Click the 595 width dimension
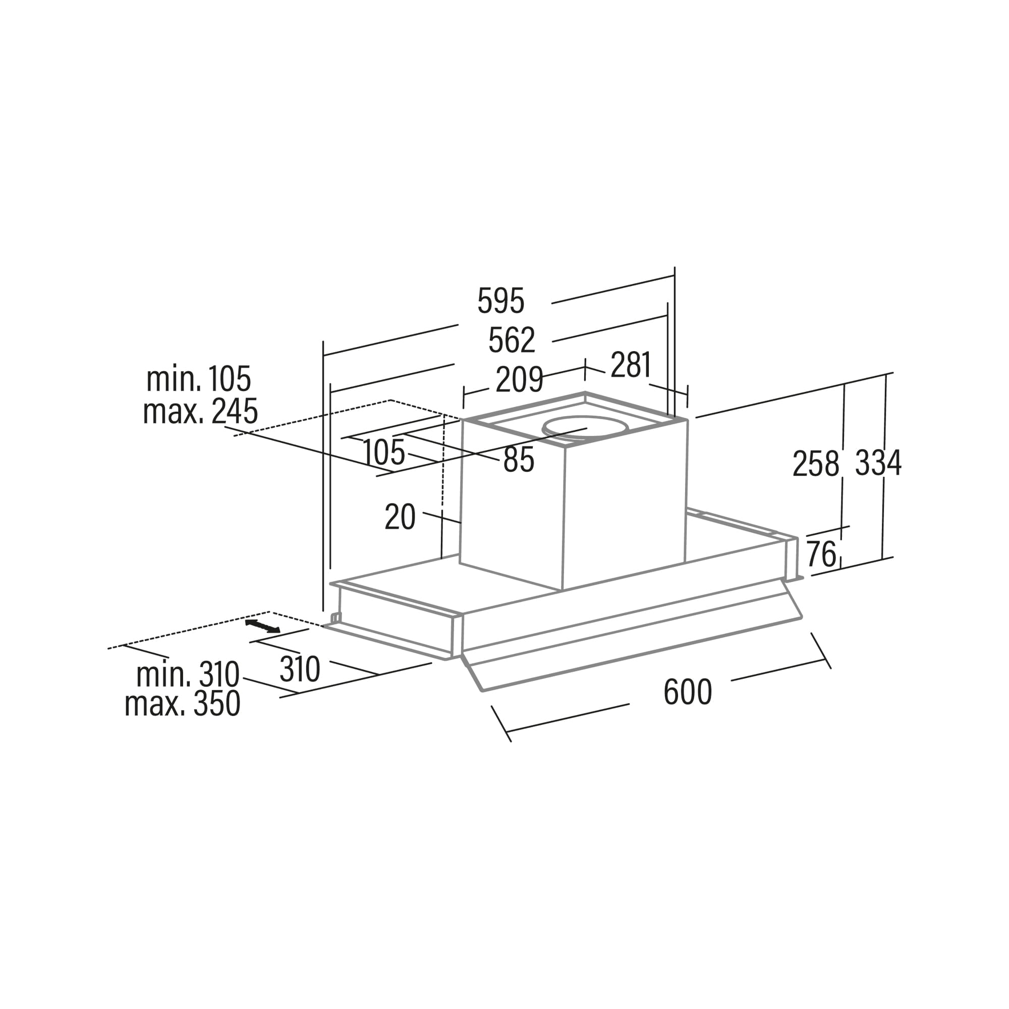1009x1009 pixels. pyautogui.click(x=501, y=301)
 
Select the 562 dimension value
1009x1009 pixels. pyautogui.click(x=512, y=340)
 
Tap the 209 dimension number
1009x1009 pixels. pyautogui.click(x=519, y=380)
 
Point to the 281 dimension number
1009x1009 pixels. pyautogui.click(x=631, y=365)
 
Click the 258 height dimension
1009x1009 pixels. pyautogui.click(x=816, y=464)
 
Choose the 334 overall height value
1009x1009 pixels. pyautogui.click(x=878, y=463)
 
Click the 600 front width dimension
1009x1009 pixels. pyautogui.click(x=688, y=692)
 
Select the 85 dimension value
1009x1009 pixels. pyautogui.click(x=519, y=460)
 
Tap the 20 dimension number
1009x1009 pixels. pyautogui.click(x=400, y=517)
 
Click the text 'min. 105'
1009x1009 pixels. pyautogui.click(x=199, y=379)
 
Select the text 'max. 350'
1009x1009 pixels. pyautogui.click(x=182, y=703)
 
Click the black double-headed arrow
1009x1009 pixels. pyautogui.click(x=263, y=627)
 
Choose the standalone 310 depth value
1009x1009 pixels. pyautogui.click(x=300, y=669)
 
